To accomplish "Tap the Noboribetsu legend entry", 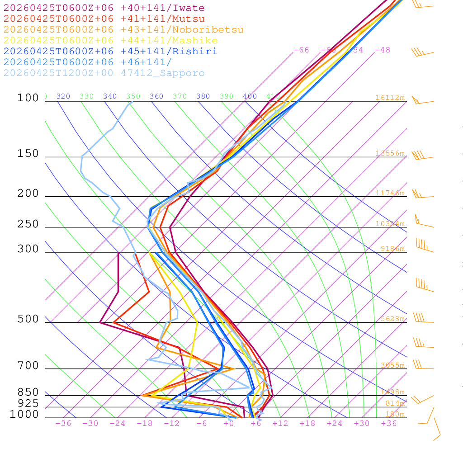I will tap(123, 30).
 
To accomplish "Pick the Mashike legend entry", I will tap(110, 41).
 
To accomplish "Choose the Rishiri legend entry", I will tap(110, 52).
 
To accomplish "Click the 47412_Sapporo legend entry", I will tap(104, 73).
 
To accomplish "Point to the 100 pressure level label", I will tap(28, 98).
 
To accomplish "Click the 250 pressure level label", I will tap(28, 224).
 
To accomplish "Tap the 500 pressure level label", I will tap(28, 319).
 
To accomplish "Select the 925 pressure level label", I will tap(28, 403).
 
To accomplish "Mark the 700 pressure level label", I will tap(28, 366).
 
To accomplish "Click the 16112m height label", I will tap(390, 98).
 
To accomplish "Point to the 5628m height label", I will tap(392, 319).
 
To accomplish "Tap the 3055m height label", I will tap(392, 365).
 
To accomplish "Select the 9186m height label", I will tap(392, 249).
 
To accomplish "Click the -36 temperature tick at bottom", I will tap(63, 424).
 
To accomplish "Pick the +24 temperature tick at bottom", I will tap(335, 424).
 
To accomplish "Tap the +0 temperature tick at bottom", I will tap(228, 424).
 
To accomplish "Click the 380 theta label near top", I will tap(203, 96).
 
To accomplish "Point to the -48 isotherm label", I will tap(382, 50).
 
